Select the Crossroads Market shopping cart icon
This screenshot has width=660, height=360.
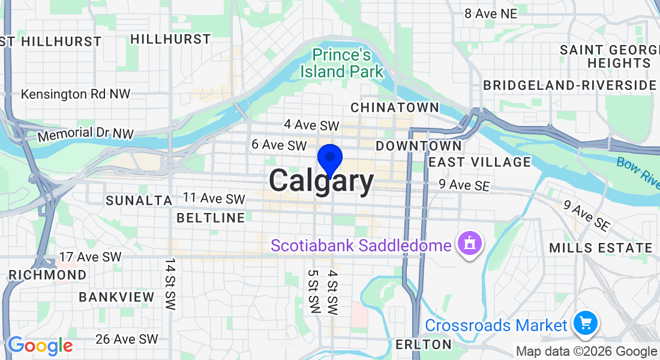[x=585, y=323]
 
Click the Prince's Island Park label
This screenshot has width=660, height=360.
[x=341, y=63]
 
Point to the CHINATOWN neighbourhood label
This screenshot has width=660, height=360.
[x=395, y=107]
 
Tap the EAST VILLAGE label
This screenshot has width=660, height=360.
[x=480, y=162]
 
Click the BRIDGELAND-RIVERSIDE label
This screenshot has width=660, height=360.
[x=570, y=85]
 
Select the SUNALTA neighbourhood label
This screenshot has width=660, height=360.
[x=139, y=200]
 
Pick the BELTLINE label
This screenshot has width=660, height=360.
[x=211, y=218]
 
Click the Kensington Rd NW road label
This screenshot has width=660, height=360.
[x=76, y=94]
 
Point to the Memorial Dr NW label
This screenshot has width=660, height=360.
[x=83, y=134]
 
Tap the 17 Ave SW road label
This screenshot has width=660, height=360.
[x=90, y=257]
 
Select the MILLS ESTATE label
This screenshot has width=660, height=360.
[x=601, y=248]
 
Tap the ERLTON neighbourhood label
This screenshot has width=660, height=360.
[x=424, y=344]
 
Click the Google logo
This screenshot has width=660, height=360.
[x=40, y=346]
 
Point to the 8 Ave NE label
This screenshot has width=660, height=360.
[x=490, y=13]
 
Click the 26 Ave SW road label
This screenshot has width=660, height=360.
[x=127, y=340]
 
